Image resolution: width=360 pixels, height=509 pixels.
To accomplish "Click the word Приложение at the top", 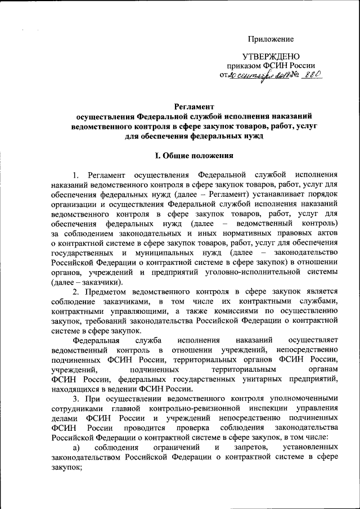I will pos(272,39).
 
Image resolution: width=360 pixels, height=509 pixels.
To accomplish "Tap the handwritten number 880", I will pos(309,74).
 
